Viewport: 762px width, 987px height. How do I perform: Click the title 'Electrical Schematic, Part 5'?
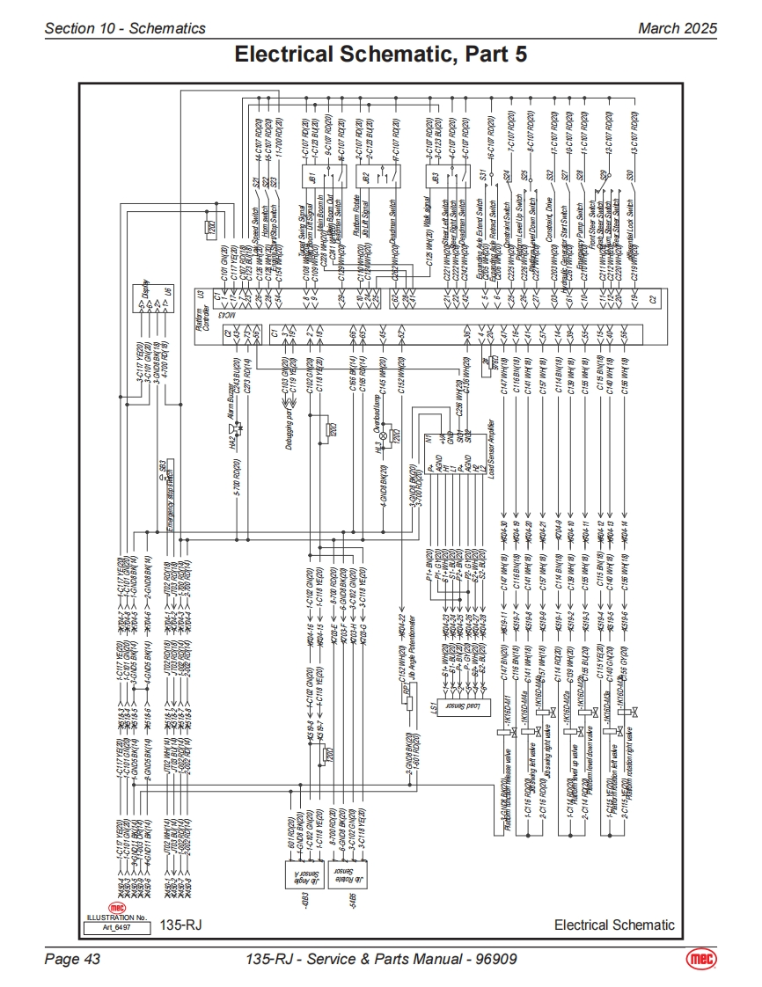pyautogui.click(x=380, y=55)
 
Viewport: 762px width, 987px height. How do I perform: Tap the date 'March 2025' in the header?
pyautogui.click(x=678, y=28)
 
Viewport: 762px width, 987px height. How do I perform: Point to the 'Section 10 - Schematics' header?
pyautogui.click(x=125, y=28)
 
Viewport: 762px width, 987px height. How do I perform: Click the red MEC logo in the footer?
pyautogui.click(x=701, y=958)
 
